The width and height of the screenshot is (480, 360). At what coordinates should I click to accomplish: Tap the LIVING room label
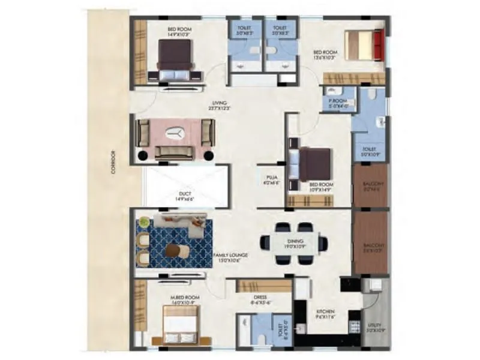click(x=219, y=106)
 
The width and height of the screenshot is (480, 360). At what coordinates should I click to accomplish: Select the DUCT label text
click(x=184, y=194)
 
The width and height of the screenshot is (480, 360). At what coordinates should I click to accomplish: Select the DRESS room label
click(x=259, y=298)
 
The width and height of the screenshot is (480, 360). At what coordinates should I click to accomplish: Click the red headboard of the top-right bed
click(x=378, y=46)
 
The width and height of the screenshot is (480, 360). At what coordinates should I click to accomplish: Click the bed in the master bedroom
click(x=181, y=329)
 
